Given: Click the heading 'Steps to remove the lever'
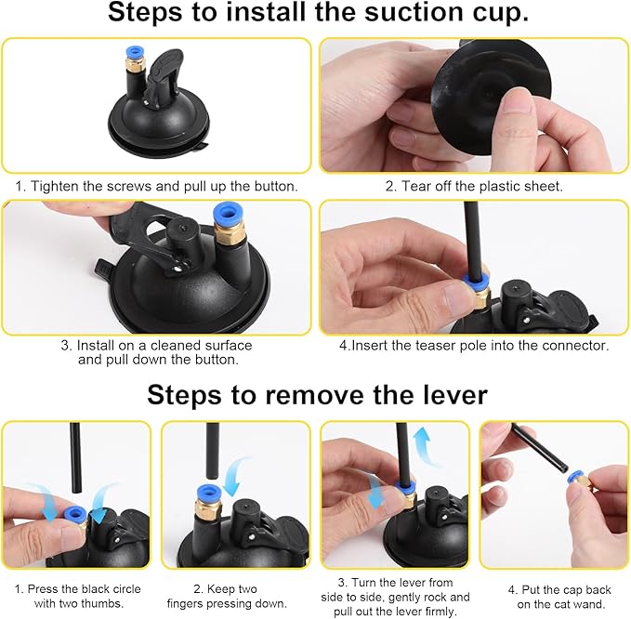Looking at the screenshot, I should tap(316, 395).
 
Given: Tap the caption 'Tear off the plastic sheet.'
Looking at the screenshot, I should tap(473, 186).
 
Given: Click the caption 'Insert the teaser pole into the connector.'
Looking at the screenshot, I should tap(473, 345).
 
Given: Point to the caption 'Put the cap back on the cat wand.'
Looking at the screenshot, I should tap(555, 596).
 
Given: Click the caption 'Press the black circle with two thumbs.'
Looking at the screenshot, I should tap(76, 596).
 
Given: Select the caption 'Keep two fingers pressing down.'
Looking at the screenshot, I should tap(235, 596).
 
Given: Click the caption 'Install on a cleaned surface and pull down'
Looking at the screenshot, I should tap(156, 351).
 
